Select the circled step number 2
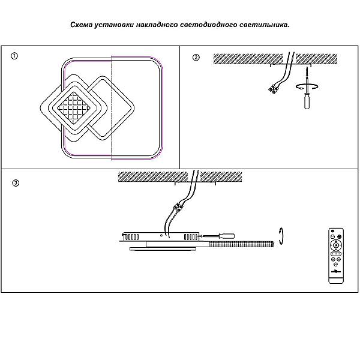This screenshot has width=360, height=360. tap(196, 58)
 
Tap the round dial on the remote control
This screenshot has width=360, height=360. tap(335, 246)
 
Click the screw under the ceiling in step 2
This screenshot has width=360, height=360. tap(305, 75)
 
